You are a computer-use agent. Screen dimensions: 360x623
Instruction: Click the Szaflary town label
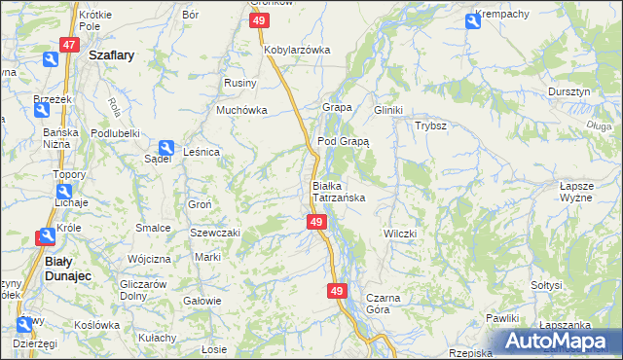pos(111,56)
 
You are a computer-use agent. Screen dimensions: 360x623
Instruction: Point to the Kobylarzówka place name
pos(297,50)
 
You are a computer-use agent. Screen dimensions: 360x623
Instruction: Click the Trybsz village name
pos(430,126)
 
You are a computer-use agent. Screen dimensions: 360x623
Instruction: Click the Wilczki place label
pos(399,234)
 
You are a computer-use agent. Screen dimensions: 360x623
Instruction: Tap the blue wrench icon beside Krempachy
pos(472,19)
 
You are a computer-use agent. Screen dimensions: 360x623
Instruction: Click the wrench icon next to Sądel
pos(166,146)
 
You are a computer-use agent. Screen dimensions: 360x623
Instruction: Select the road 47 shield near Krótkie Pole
pos(68,45)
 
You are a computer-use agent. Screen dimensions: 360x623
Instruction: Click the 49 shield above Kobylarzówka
pos(258,20)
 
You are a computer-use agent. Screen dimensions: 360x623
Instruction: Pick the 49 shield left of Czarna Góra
pos(337,291)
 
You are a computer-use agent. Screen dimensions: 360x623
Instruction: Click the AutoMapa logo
pos(558,342)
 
